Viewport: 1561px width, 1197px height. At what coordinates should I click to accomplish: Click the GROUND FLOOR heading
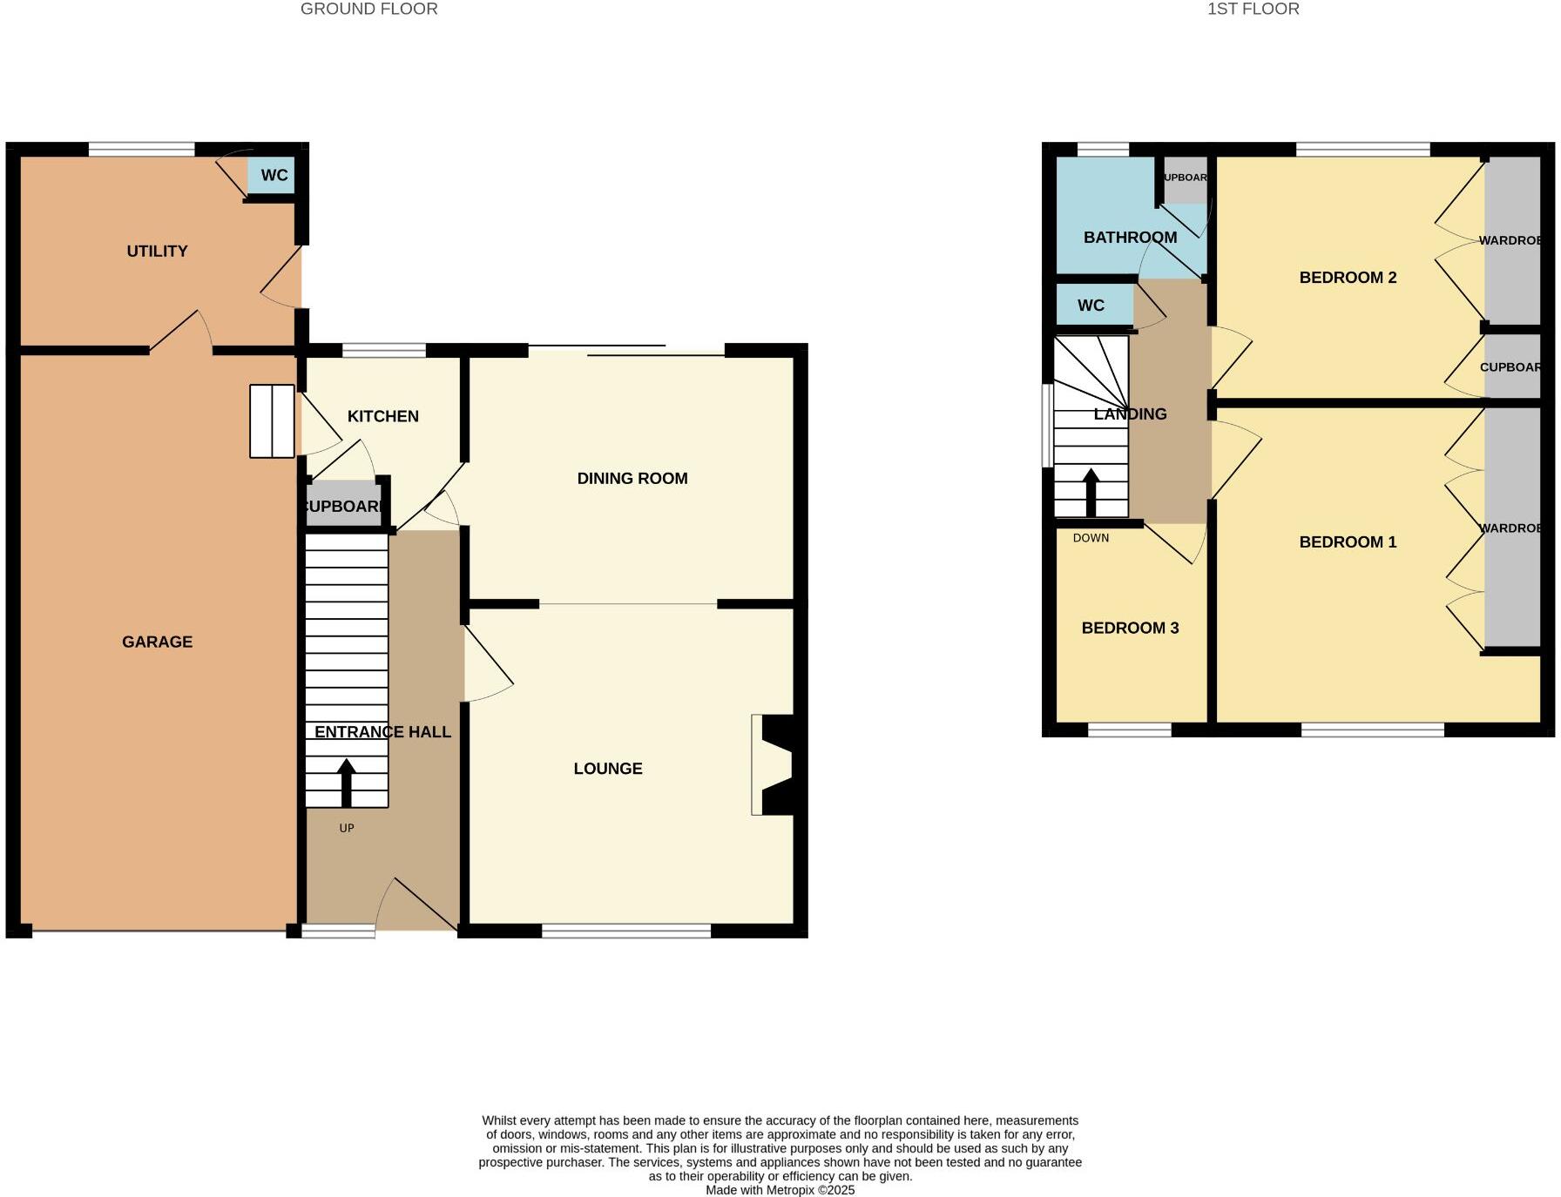click(368, 10)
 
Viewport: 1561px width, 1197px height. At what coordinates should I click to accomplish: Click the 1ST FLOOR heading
click(1253, 10)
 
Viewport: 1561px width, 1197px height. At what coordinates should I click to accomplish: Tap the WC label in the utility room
click(274, 175)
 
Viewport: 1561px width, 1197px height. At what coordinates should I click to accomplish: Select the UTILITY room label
click(157, 251)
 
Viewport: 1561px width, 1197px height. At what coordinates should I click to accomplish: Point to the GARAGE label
click(157, 642)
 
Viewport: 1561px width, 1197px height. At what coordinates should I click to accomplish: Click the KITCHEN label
click(382, 416)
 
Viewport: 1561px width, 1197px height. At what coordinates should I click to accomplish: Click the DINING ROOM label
click(632, 478)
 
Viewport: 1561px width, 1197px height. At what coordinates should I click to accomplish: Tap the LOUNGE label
click(607, 768)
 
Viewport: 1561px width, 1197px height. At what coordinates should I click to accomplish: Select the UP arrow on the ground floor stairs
click(346, 782)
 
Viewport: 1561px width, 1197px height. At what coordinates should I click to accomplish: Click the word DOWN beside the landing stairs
click(1091, 538)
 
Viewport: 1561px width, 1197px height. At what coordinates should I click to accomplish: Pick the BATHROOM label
click(1130, 237)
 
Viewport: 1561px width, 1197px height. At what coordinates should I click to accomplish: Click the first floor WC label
click(1091, 306)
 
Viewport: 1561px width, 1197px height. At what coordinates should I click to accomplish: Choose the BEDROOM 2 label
click(1347, 278)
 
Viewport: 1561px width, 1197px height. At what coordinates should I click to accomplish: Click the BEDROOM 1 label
click(1347, 541)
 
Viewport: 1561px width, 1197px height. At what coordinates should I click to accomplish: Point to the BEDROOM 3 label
click(1130, 628)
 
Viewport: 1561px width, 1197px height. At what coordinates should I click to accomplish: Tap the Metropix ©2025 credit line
click(780, 1190)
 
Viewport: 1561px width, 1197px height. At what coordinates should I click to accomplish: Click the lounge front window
click(626, 931)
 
